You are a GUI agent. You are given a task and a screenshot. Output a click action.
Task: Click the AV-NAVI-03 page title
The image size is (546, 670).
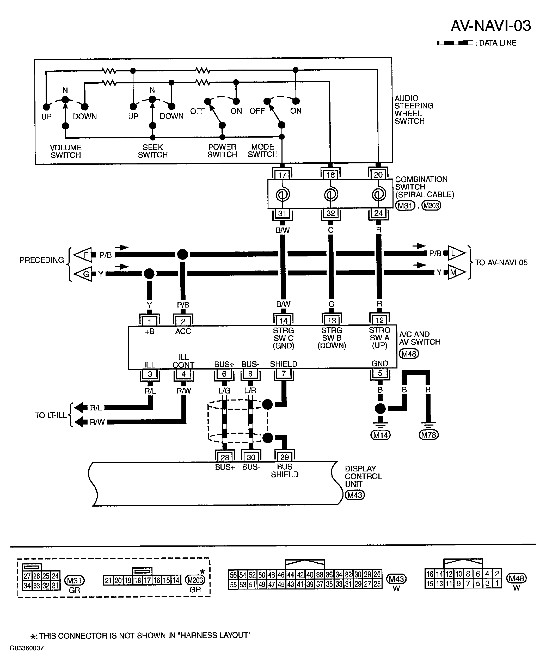(491, 26)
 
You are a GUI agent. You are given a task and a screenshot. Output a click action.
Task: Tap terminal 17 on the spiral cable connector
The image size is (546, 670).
(282, 175)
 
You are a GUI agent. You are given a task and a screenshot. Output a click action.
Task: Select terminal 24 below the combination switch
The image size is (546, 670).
(378, 213)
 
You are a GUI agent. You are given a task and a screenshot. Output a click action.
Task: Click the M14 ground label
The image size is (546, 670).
(381, 435)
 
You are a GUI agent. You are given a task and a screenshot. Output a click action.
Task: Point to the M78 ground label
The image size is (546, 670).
(429, 435)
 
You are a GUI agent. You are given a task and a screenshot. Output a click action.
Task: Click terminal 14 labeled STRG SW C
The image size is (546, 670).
(283, 321)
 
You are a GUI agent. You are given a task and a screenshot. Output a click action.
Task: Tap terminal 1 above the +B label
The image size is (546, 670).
(149, 321)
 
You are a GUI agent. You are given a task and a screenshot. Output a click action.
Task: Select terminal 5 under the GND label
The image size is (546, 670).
(380, 373)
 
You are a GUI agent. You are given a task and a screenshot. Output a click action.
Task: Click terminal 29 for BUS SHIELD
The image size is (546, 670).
(284, 457)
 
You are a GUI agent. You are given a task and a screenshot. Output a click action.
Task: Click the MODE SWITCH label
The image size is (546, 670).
(263, 151)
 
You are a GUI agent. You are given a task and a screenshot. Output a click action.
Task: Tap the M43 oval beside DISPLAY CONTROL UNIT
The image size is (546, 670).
(355, 495)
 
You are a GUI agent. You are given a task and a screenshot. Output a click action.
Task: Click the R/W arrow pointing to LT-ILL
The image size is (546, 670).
(81, 422)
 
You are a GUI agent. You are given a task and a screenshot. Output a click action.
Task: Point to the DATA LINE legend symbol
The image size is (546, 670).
(455, 43)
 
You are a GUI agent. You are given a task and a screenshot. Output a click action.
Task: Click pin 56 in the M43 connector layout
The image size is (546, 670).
(233, 575)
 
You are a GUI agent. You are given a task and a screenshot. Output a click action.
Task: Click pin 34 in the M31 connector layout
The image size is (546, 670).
(27, 586)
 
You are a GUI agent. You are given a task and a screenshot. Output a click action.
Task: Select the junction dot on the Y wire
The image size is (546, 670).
(149, 274)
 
